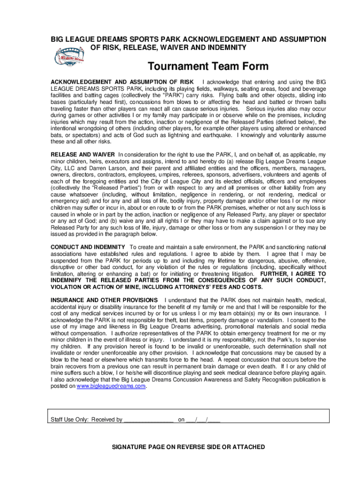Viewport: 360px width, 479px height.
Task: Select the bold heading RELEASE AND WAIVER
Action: [83, 154]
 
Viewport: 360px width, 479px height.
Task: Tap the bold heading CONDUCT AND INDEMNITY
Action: [87, 247]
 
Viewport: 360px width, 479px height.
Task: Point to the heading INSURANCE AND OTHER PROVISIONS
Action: [104, 300]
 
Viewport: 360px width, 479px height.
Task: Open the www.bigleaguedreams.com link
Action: [111, 386]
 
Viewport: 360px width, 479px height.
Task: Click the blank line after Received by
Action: [148, 420]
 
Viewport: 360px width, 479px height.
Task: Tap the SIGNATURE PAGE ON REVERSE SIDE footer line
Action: [188, 447]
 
